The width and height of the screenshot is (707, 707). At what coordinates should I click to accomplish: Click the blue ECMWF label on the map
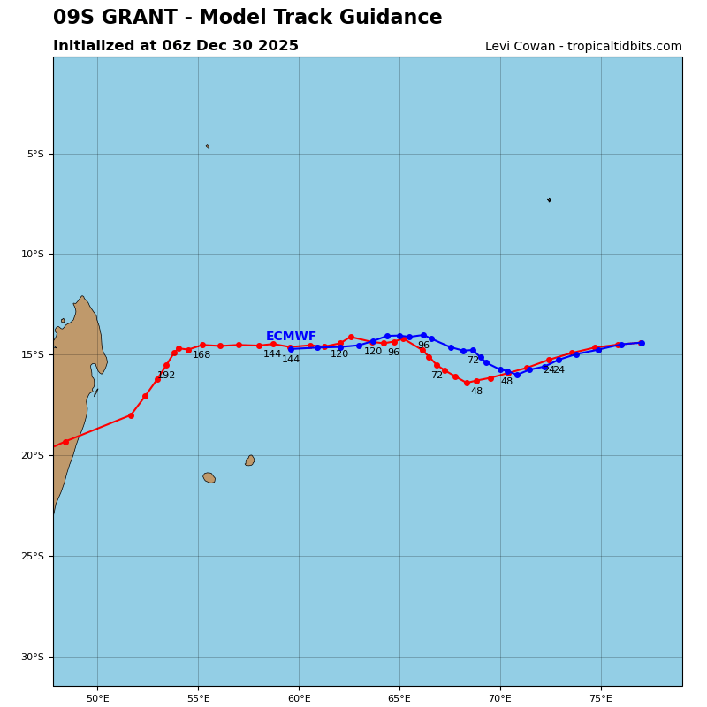291,337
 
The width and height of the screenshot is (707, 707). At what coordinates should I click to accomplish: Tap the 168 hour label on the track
201,355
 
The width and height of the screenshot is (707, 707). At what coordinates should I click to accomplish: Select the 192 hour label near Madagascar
166,376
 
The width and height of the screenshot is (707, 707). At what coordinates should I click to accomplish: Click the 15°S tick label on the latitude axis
34,355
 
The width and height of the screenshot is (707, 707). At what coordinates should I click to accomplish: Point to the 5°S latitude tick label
34,154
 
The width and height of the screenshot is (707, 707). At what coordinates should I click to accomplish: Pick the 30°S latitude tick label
34,657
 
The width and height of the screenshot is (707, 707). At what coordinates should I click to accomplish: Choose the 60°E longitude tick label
299,699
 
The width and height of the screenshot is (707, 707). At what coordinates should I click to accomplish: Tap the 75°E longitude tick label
601,699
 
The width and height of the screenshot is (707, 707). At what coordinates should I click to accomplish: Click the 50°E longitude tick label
97,699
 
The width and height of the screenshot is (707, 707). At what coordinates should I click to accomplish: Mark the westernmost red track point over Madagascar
65,442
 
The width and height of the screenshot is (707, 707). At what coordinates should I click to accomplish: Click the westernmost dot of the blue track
291,349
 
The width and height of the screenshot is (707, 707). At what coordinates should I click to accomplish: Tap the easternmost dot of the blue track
642,343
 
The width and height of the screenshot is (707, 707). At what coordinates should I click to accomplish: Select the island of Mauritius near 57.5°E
250,460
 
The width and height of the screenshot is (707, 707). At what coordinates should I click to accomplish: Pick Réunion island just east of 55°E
209,478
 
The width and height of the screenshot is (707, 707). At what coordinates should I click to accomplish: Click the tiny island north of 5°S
208,147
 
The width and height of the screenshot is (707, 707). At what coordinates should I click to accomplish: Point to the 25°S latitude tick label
34,556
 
